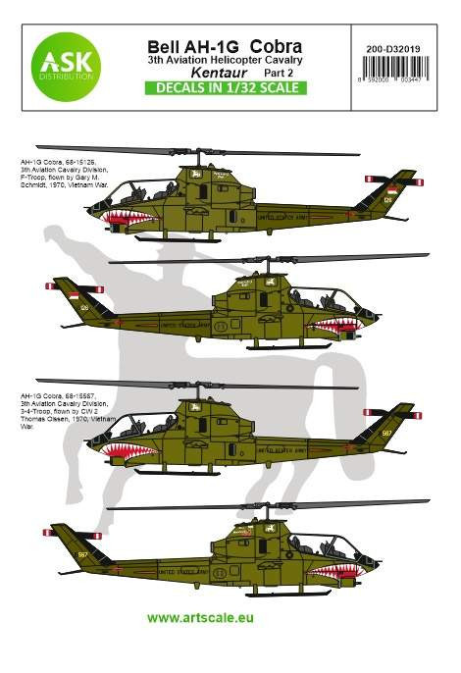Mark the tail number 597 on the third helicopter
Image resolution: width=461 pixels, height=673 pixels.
coord(387,432)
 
